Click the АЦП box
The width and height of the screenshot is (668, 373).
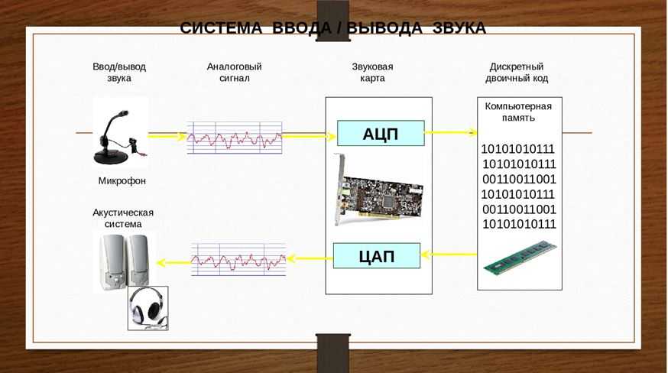381,134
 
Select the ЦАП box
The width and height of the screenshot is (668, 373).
377,255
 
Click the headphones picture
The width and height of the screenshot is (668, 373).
148,308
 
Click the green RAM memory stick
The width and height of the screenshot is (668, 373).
520,258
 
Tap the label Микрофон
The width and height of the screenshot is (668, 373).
122,181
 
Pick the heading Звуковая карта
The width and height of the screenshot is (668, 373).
372,72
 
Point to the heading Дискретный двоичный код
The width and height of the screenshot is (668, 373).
517,72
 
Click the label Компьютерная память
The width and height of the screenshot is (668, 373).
518,112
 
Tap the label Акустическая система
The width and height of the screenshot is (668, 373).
123,218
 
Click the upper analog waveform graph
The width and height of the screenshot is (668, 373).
235,138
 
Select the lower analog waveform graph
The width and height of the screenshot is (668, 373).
238,259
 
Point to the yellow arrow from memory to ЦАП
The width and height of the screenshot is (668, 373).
449,255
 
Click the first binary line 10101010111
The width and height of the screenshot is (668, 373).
517,149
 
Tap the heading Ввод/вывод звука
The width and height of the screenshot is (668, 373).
119,72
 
